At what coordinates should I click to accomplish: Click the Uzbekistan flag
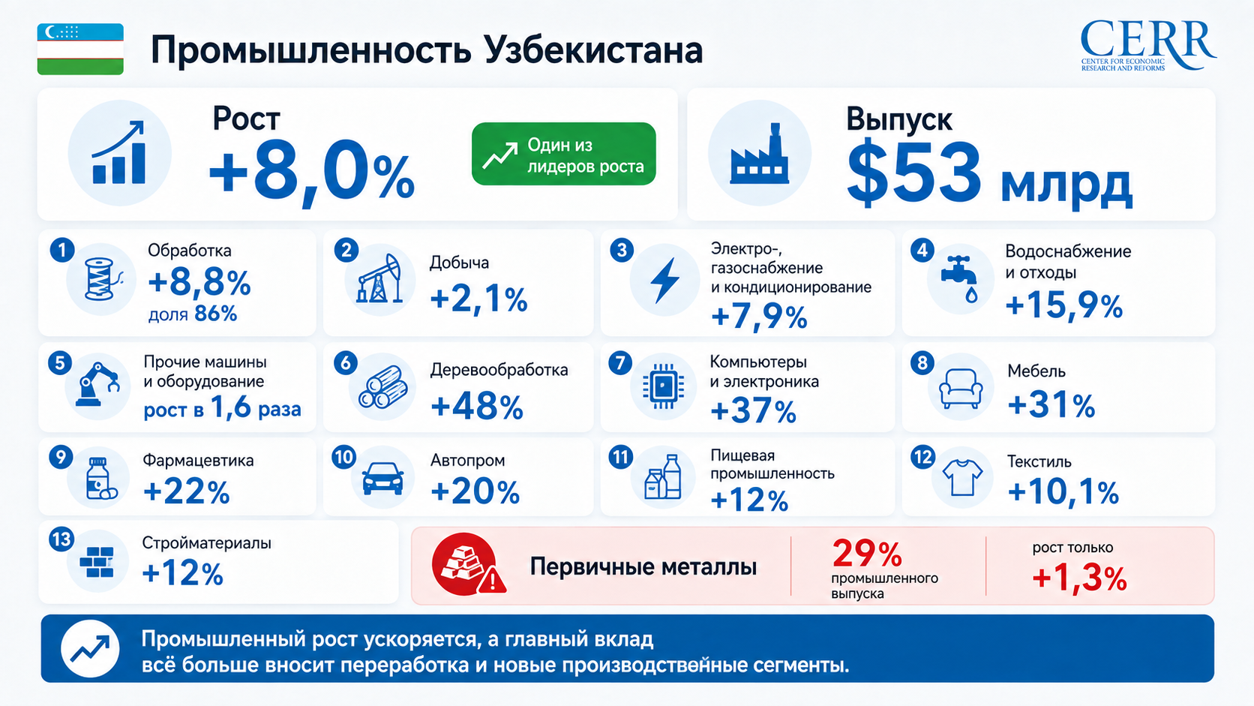[x=80, y=49]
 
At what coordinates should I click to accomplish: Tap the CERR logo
[x=1147, y=46]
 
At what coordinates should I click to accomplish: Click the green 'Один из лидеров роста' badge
[x=563, y=154]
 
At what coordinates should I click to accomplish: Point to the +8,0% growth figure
[x=311, y=171]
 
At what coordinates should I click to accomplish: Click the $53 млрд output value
[x=990, y=174]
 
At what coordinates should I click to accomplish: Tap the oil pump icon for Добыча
[x=380, y=278]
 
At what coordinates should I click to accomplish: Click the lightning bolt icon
[x=664, y=280]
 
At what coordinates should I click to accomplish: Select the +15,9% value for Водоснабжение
[x=1064, y=306]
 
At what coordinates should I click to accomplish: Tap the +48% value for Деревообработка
[x=477, y=407]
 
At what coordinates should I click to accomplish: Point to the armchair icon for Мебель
[x=961, y=387]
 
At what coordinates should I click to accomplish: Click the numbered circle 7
[x=620, y=363]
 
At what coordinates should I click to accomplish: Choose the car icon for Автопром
[x=383, y=478]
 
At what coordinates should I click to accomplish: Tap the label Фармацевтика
[x=198, y=460]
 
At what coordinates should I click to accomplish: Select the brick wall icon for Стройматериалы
[x=96, y=561]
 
